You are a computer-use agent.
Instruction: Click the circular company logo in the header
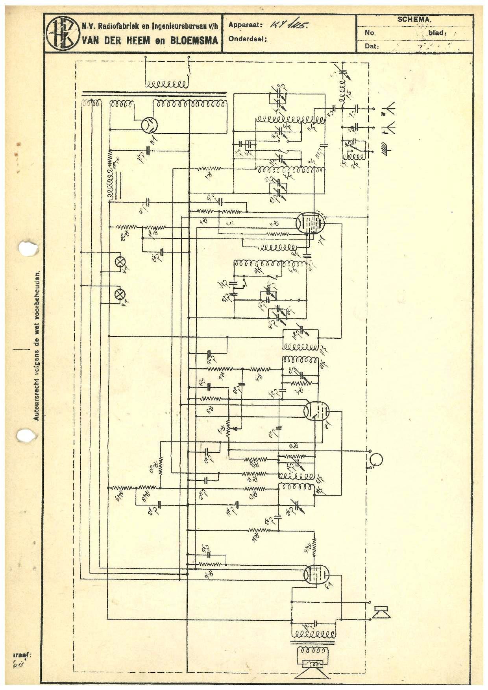pyautogui.click(x=62, y=33)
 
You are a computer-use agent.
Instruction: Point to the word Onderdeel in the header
pyautogui.click(x=248, y=39)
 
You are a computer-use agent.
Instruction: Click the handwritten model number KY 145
pyautogui.click(x=290, y=25)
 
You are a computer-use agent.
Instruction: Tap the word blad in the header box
pyautogui.click(x=437, y=33)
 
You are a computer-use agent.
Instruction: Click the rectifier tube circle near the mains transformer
pyautogui.click(x=150, y=125)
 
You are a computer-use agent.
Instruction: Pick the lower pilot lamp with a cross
pyautogui.click(x=119, y=294)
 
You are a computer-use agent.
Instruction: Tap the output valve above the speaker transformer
pyautogui.click(x=316, y=575)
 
